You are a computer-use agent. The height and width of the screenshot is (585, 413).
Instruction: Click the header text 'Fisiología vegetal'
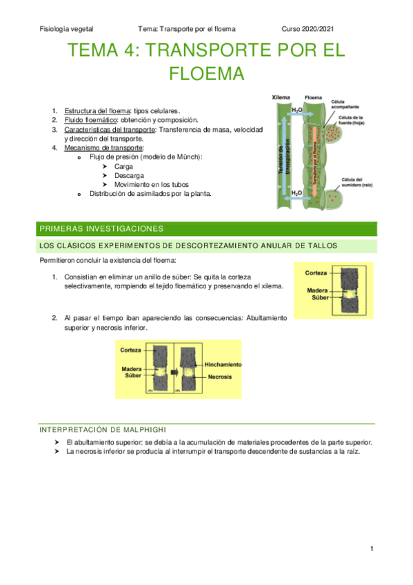coord(67,29)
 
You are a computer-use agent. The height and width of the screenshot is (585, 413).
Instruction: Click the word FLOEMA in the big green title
coord(206,73)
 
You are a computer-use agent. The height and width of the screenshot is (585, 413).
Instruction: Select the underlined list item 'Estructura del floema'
coord(96,111)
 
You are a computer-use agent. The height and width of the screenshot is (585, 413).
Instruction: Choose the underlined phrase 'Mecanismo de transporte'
coord(103,148)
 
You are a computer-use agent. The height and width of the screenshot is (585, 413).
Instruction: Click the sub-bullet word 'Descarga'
coord(129,175)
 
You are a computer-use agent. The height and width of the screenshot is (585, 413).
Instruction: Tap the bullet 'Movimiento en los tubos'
coord(154,185)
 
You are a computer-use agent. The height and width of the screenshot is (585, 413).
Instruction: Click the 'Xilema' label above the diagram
coord(281,98)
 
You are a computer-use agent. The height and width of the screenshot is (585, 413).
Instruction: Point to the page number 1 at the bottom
coord(371,548)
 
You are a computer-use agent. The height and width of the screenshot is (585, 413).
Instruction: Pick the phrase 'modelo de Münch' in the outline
coord(170,157)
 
